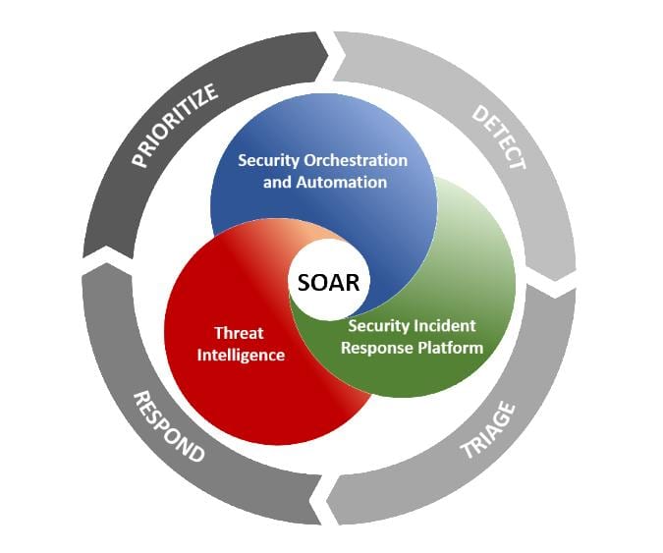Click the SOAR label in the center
coord(329,282)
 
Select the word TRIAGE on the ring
coord(488,430)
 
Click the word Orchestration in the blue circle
coord(363,160)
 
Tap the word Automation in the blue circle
coord(347,182)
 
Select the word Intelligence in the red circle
coord(241,354)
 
